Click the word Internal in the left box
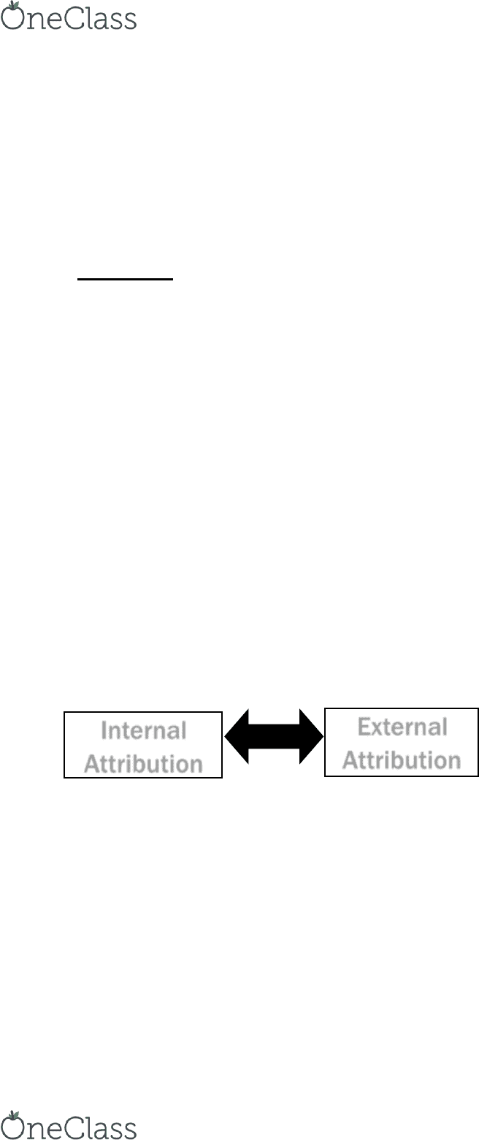[x=144, y=730]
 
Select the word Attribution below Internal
[x=144, y=764]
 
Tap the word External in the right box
[x=402, y=727]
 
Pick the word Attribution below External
[x=402, y=760]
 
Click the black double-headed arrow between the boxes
[x=274, y=736]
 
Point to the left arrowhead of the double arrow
[x=237, y=736]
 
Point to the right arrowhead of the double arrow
[x=311, y=736]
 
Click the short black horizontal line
[x=125, y=279]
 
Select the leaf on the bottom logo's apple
[x=12, y=1114]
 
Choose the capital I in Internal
[x=104, y=730]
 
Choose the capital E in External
[x=364, y=727]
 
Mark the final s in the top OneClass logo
[x=130, y=21]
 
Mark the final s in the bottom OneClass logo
[x=130, y=1130]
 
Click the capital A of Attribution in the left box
[x=92, y=764]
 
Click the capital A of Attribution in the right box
[x=350, y=760]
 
